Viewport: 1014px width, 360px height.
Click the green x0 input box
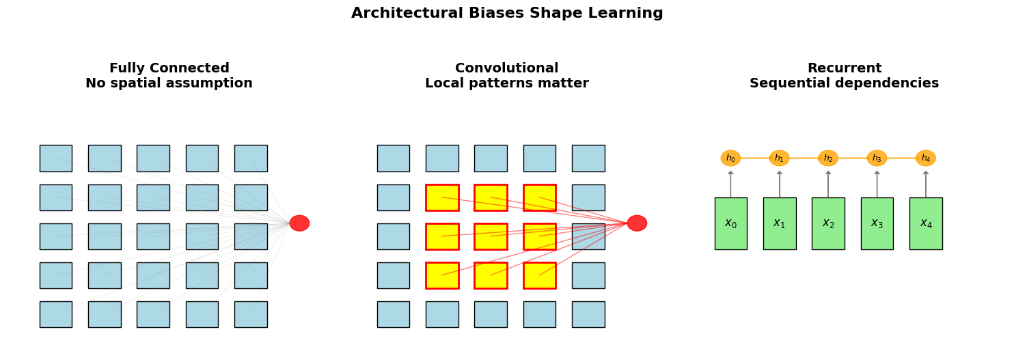click(730, 223)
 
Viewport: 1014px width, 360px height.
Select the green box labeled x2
click(828, 223)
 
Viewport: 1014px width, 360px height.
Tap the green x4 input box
click(926, 223)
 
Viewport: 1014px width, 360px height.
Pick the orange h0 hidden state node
click(730, 158)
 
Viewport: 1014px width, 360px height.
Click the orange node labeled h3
click(877, 158)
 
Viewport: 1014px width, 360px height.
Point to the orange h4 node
click(926, 158)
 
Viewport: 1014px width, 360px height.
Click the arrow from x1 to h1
click(780, 184)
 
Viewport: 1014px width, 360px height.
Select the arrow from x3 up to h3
click(877, 184)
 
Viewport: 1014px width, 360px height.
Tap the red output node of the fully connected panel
click(299, 223)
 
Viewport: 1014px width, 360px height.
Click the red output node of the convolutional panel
click(637, 223)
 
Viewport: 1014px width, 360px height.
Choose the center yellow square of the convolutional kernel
click(491, 236)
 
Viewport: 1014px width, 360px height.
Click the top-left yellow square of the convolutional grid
click(442, 197)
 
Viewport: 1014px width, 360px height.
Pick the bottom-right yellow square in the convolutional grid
click(540, 275)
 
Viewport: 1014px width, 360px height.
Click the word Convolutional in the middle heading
click(506, 68)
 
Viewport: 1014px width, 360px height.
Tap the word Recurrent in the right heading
click(845, 68)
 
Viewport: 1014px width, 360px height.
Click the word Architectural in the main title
click(407, 13)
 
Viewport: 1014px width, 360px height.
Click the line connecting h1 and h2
click(804, 158)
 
